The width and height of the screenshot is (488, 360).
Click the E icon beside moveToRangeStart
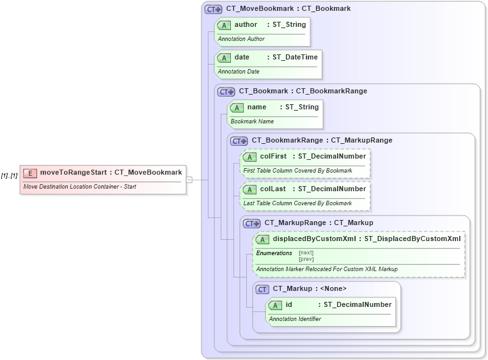click(30, 173)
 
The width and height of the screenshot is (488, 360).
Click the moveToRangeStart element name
click(74, 172)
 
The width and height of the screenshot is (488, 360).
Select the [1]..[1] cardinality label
click(9, 176)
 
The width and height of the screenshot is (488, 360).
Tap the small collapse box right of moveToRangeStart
click(189, 180)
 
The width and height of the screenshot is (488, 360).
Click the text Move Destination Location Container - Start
click(79, 187)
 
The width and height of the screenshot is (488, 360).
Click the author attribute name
click(246, 24)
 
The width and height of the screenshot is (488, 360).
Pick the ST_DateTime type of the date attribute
click(295, 57)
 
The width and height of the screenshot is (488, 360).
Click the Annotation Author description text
click(241, 39)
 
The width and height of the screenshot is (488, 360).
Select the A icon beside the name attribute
click(237, 107)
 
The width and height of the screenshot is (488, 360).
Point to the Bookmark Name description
click(252, 121)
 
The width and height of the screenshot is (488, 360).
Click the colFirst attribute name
click(273, 156)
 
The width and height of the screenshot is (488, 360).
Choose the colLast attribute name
click(272, 189)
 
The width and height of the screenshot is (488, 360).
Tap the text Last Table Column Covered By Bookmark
click(297, 203)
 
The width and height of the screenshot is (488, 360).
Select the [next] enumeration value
click(306, 253)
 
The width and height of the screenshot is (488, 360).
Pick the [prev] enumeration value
click(306, 259)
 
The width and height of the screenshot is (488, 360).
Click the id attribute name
click(288, 304)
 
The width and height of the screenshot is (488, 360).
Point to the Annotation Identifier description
click(295, 318)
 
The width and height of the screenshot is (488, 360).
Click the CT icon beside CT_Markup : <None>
click(262, 289)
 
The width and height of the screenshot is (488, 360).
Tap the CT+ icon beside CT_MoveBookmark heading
click(213, 10)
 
